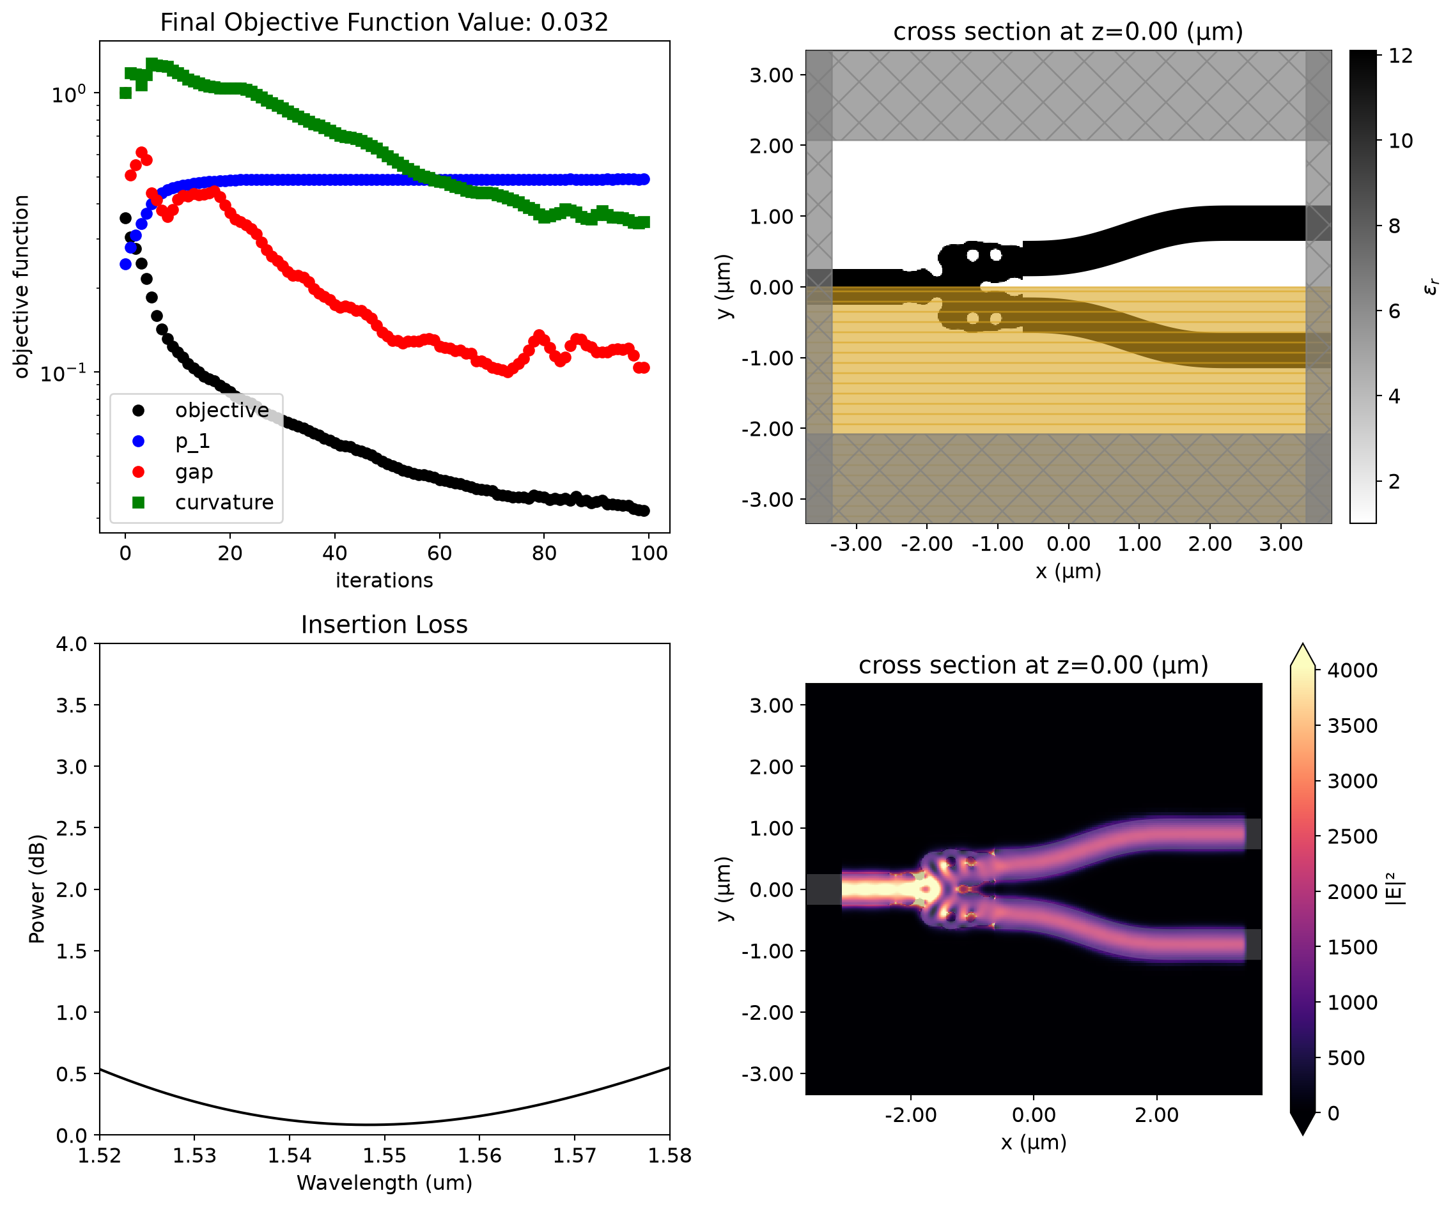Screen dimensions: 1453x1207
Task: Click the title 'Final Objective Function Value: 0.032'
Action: pos(384,22)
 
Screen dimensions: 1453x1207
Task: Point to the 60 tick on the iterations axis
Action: pos(439,553)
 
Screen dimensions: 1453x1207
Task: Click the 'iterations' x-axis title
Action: pos(384,580)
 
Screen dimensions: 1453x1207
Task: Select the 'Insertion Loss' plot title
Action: pos(384,625)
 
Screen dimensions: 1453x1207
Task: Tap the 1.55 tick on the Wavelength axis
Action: pos(384,1156)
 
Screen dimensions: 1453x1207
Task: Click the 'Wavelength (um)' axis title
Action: pos(384,1183)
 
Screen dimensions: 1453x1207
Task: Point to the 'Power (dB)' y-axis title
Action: pos(36,889)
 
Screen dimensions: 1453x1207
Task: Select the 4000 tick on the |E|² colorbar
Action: pos(1352,670)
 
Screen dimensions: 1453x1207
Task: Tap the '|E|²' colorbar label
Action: pos(1395,889)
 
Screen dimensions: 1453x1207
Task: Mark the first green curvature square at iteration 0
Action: pos(125,93)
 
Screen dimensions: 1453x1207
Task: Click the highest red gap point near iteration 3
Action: pos(141,152)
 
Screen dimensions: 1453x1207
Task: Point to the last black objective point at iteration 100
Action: pos(644,511)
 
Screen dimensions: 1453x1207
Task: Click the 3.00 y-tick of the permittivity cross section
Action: pos(772,75)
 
